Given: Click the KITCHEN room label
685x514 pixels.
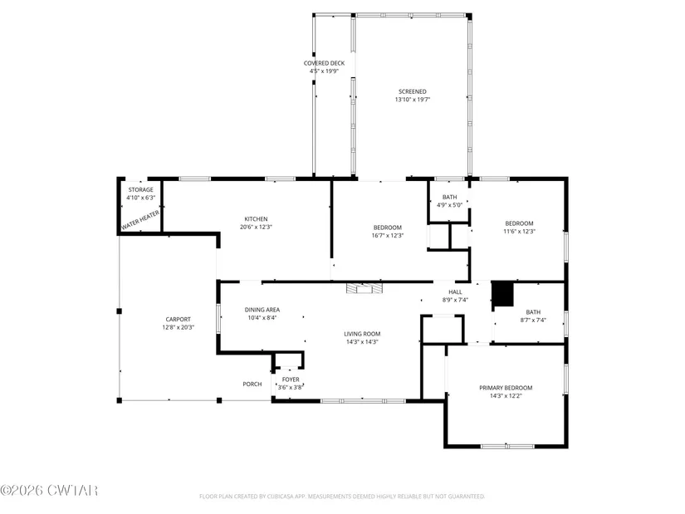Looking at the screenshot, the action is (256, 219).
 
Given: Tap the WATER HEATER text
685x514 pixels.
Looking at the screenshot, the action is (140, 220).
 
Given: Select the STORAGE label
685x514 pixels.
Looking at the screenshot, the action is (140, 189).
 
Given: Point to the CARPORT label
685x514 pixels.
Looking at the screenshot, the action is (179, 320).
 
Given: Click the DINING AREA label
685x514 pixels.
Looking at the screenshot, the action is (262, 310).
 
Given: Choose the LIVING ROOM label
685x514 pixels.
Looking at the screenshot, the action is (362, 334).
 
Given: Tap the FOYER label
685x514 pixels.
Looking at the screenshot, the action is (291, 379).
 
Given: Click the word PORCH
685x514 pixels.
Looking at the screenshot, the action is (252, 384).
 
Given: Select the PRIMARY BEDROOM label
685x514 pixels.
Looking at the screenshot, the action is (506, 388).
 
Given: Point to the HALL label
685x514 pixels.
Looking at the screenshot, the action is (455, 292).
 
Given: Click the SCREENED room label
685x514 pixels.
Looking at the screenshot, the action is (413, 92).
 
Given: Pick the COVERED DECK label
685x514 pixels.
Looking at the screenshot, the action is (324, 63).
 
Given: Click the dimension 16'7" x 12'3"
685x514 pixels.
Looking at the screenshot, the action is (388, 236).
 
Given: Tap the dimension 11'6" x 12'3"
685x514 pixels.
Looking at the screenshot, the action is (520, 232).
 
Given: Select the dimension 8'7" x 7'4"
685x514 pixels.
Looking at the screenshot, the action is (533, 320).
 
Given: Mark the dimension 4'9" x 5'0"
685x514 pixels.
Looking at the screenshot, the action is (449, 205).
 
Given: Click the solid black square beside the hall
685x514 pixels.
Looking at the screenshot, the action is (503, 294).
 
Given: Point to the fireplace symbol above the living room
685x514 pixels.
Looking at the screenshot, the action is (365, 288).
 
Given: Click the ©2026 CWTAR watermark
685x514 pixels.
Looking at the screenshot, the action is (49, 491).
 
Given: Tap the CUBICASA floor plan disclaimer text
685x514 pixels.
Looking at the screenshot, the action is (342, 497).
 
